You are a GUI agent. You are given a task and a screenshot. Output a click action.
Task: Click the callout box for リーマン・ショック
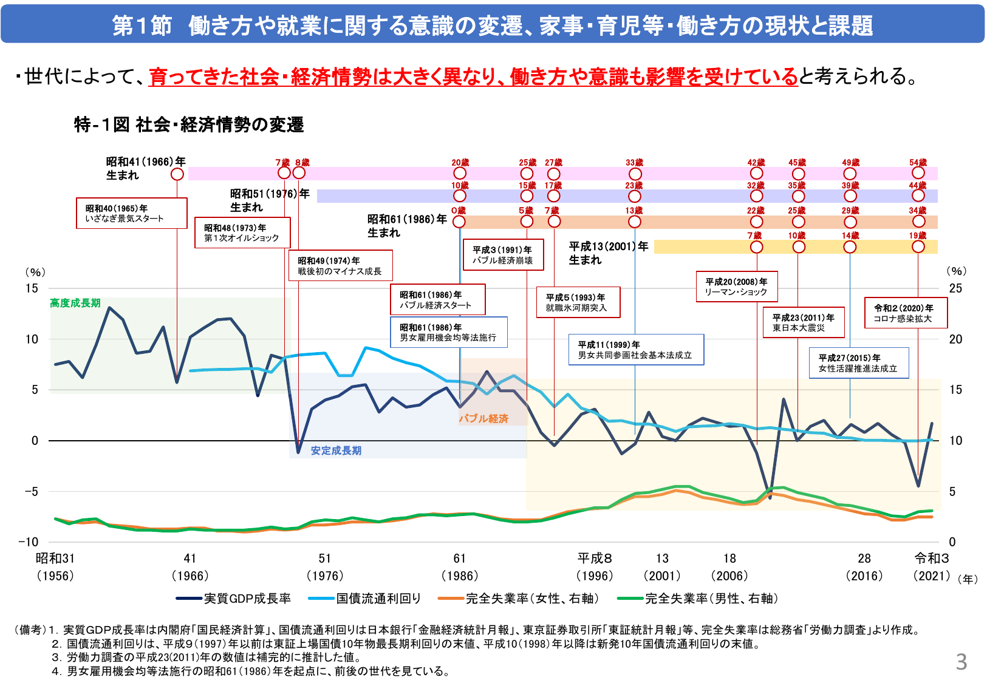pyautogui.click(x=737, y=287)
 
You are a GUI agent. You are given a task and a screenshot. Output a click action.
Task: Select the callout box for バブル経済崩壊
pyautogui.click(x=503, y=255)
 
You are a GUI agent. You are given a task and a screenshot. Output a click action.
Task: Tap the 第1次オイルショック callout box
pyautogui.click(x=242, y=233)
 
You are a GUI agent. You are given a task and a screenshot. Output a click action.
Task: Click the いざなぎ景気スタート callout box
pyautogui.click(x=131, y=213)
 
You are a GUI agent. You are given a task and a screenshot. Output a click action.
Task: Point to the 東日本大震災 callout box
pyautogui.click(x=804, y=322)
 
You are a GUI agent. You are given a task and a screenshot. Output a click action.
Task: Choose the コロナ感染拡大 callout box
pyautogui.click(x=906, y=313)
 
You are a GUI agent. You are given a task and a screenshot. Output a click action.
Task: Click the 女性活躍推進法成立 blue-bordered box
pyautogui.click(x=858, y=363)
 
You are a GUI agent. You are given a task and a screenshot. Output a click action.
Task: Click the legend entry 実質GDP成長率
pyautogui.click(x=233, y=599)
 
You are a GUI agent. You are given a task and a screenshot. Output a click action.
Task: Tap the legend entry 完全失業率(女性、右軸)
pyautogui.click(x=519, y=599)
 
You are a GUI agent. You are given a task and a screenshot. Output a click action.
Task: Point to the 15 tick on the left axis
pyautogui.click(x=32, y=288)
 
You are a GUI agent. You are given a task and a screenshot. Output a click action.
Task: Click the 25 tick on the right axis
pyautogui.click(x=955, y=288)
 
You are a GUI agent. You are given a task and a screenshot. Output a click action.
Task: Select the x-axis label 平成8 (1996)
pyautogui.click(x=595, y=566)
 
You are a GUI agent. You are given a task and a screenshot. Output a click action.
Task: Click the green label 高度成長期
pyautogui.click(x=75, y=303)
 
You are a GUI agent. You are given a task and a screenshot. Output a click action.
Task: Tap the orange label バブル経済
pyautogui.click(x=483, y=418)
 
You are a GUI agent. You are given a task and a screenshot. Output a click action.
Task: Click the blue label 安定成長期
pyautogui.click(x=336, y=450)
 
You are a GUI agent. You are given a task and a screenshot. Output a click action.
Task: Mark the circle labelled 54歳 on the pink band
pyautogui.click(x=918, y=173)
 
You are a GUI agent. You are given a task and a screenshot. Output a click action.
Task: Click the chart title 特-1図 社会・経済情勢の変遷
pyautogui.click(x=189, y=124)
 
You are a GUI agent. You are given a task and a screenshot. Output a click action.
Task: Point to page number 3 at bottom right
pyautogui.click(x=961, y=662)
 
